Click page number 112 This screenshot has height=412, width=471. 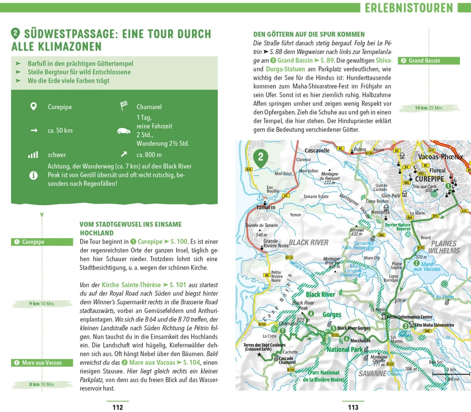click(117, 407)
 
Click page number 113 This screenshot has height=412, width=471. click(353, 407)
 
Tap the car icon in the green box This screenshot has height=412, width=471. click(124, 131)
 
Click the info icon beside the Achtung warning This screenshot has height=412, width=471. click(34, 175)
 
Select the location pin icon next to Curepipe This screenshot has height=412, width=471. click(34, 107)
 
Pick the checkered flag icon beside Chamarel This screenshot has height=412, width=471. click(124, 106)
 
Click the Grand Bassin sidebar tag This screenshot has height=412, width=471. click(429, 61)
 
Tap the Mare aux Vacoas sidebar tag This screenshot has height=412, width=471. click(42, 363)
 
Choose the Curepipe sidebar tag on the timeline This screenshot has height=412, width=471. click(42, 242)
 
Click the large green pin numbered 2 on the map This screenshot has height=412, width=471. click(261, 158)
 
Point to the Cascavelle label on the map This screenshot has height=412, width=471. click(317, 151)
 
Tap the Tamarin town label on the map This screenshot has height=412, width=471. click(266, 207)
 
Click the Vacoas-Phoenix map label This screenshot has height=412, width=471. click(440, 157)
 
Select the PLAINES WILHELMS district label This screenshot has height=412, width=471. click(444, 247)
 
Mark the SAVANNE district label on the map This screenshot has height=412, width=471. click(372, 373)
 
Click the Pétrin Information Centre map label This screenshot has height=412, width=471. click(409, 317)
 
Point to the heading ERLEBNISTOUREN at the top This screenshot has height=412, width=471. click(409, 8)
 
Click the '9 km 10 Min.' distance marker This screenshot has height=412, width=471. click(42, 303)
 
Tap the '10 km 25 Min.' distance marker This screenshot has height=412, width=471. click(429, 108)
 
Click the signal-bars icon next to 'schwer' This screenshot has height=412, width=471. click(33, 155)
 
